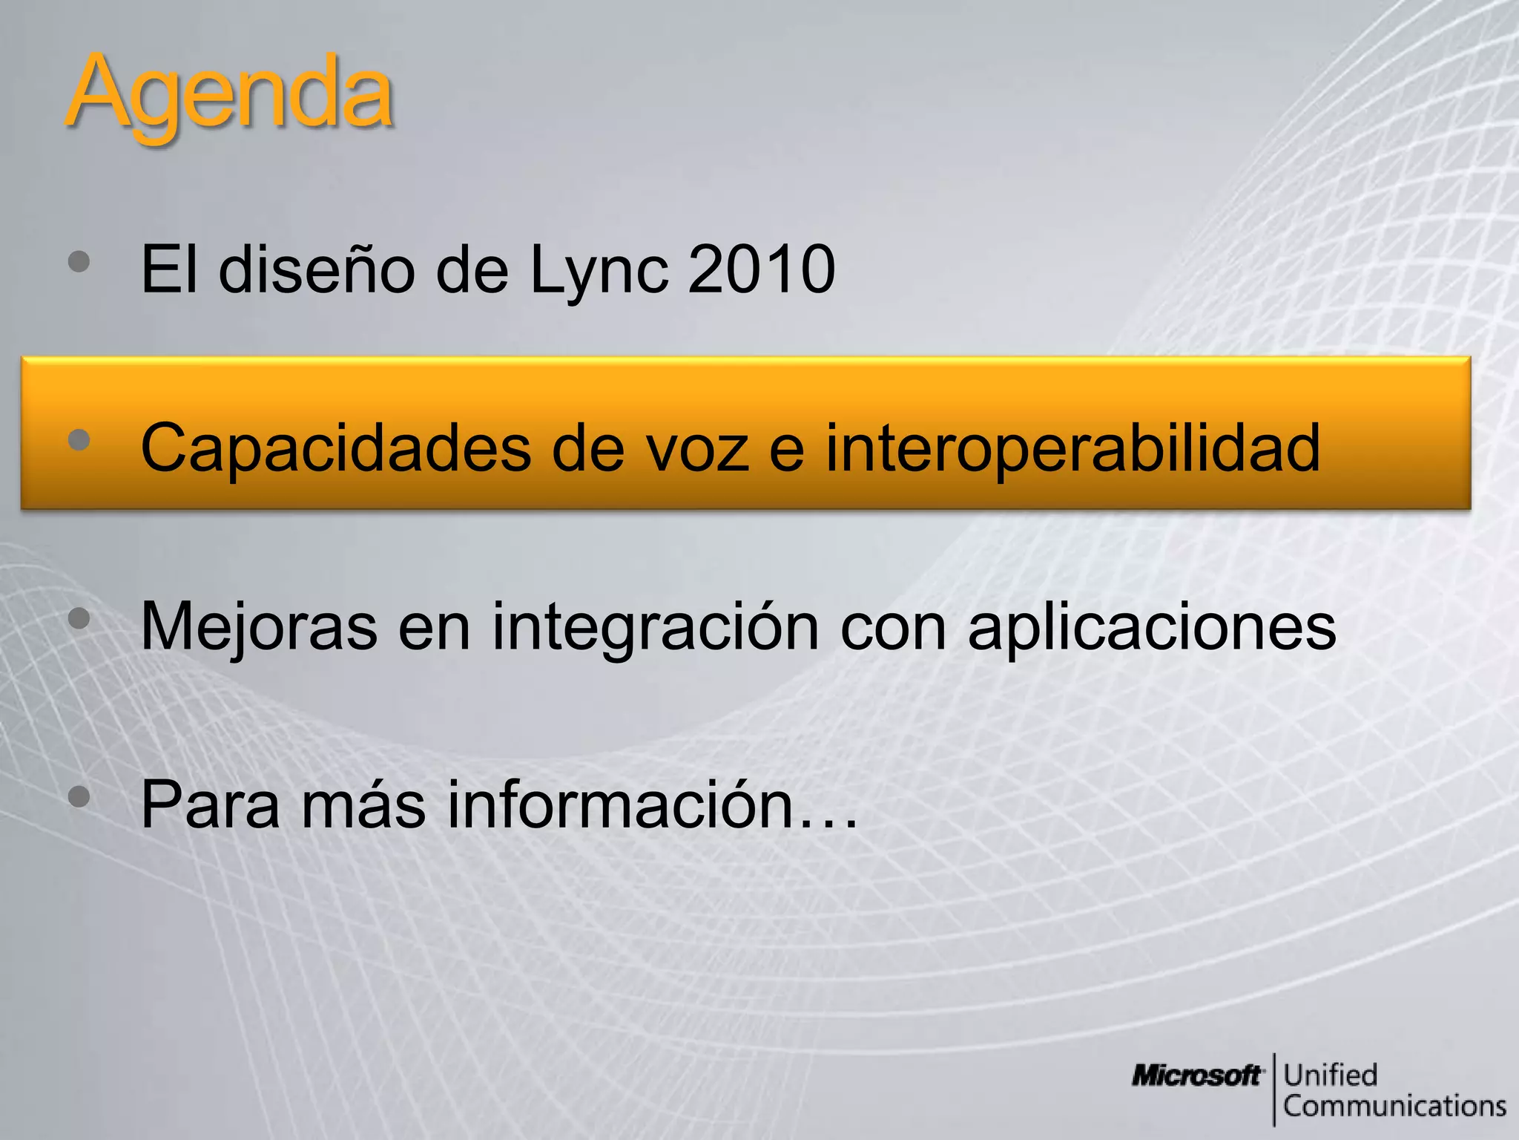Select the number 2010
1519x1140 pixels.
[761, 269]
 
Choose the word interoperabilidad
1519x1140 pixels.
[1072, 448]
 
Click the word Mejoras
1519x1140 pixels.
[259, 627]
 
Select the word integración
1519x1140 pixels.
[656, 627]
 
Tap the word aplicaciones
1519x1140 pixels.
[1151, 627]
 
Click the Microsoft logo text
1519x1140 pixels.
[1196, 1075]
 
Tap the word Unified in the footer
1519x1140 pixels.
[1330, 1075]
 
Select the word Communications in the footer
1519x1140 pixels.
[1394, 1106]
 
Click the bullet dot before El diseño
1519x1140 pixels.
[79, 261]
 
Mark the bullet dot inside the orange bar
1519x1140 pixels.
[79, 440]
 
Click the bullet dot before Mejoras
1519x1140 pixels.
[79, 618]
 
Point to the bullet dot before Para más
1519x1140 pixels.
[79, 797]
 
